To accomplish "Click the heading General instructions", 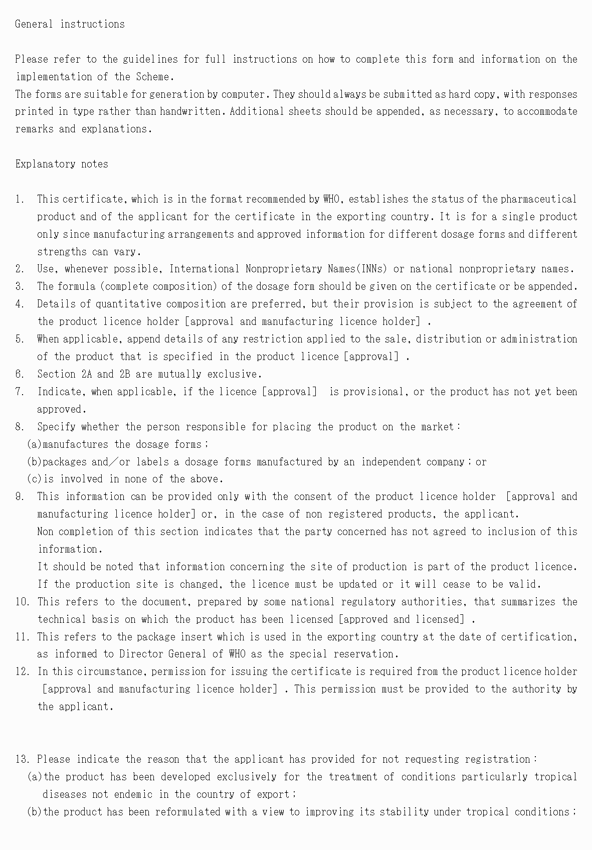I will pyautogui.click(x=70, y=24).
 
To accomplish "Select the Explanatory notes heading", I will pyautogui.click(x=62, y=164).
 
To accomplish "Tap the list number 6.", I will pyautogui.click(x=20, y=374).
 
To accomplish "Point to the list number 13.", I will pyautogui.click(x=22, y=759).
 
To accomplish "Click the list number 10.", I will pyautogui.click(x=22, y=602).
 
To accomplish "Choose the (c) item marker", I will pyautogui.click(x=34, y=479).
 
